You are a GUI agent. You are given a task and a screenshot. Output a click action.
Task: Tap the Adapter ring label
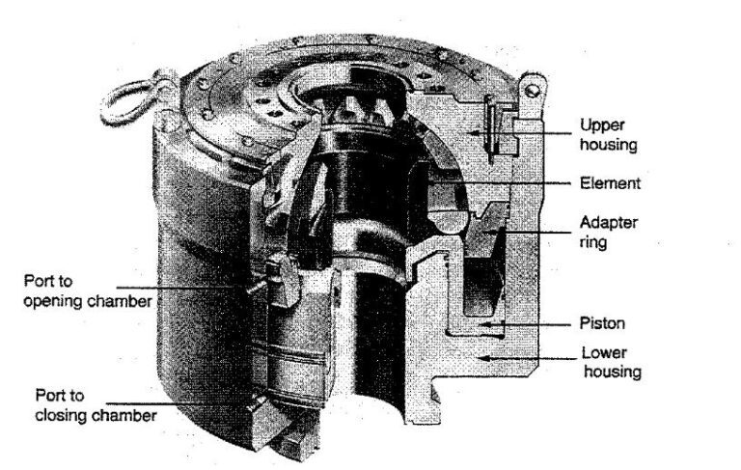[608, 232]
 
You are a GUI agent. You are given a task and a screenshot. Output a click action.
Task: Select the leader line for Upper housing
[545, 126]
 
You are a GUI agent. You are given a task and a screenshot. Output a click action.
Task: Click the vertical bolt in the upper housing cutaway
[493, 131]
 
